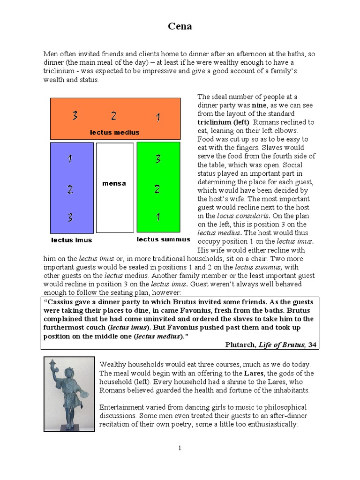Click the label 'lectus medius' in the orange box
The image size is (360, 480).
point(115,132)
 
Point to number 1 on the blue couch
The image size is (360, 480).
point(69,159)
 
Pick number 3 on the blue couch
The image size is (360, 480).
point(69,217)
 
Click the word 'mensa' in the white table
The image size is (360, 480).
point(114,183)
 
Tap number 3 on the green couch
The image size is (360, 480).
point(158,159)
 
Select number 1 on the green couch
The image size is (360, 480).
point(158,217)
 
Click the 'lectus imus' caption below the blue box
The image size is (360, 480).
point(72,240)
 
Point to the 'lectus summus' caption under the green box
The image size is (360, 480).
point(164,240)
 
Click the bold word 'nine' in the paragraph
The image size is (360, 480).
point(257,105)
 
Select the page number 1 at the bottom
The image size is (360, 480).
point(180,448)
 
